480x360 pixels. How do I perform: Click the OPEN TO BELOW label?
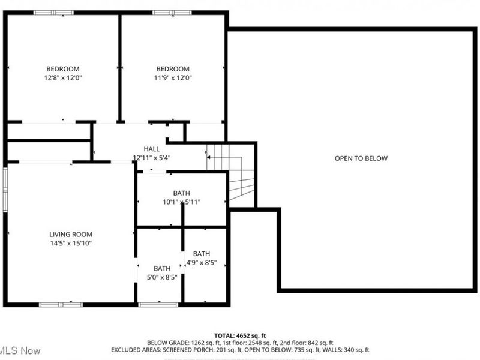(x=361, y=158)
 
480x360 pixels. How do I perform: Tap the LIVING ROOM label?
(x=71, y=234)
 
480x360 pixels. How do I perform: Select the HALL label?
(x=151, y=149)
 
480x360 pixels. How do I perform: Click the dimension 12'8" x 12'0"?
(x=63, y=77)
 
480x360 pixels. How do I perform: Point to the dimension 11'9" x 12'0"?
(x=173, y=77)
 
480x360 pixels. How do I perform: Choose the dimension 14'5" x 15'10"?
(x=71, y=243)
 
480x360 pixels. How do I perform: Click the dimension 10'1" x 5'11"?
(x=181, y=202)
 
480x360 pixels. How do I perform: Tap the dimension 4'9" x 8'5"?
(x=202, y=262)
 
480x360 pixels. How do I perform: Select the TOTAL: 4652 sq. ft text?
(x=240, y=335)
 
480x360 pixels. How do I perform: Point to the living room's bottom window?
(x=61, y=305)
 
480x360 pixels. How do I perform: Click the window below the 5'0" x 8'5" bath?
(x=158, y=305)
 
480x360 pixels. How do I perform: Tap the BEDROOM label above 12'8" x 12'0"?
(x=63, y=69)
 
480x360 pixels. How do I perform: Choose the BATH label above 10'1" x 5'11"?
(x=181, y=193)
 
